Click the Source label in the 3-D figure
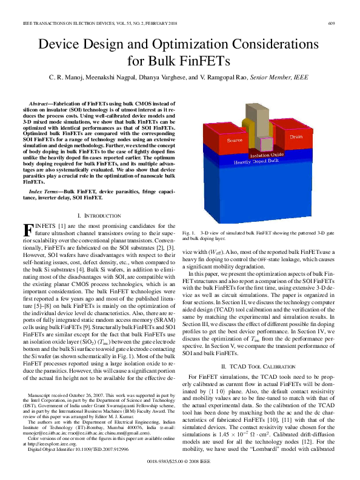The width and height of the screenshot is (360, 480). [x=235, y=141]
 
